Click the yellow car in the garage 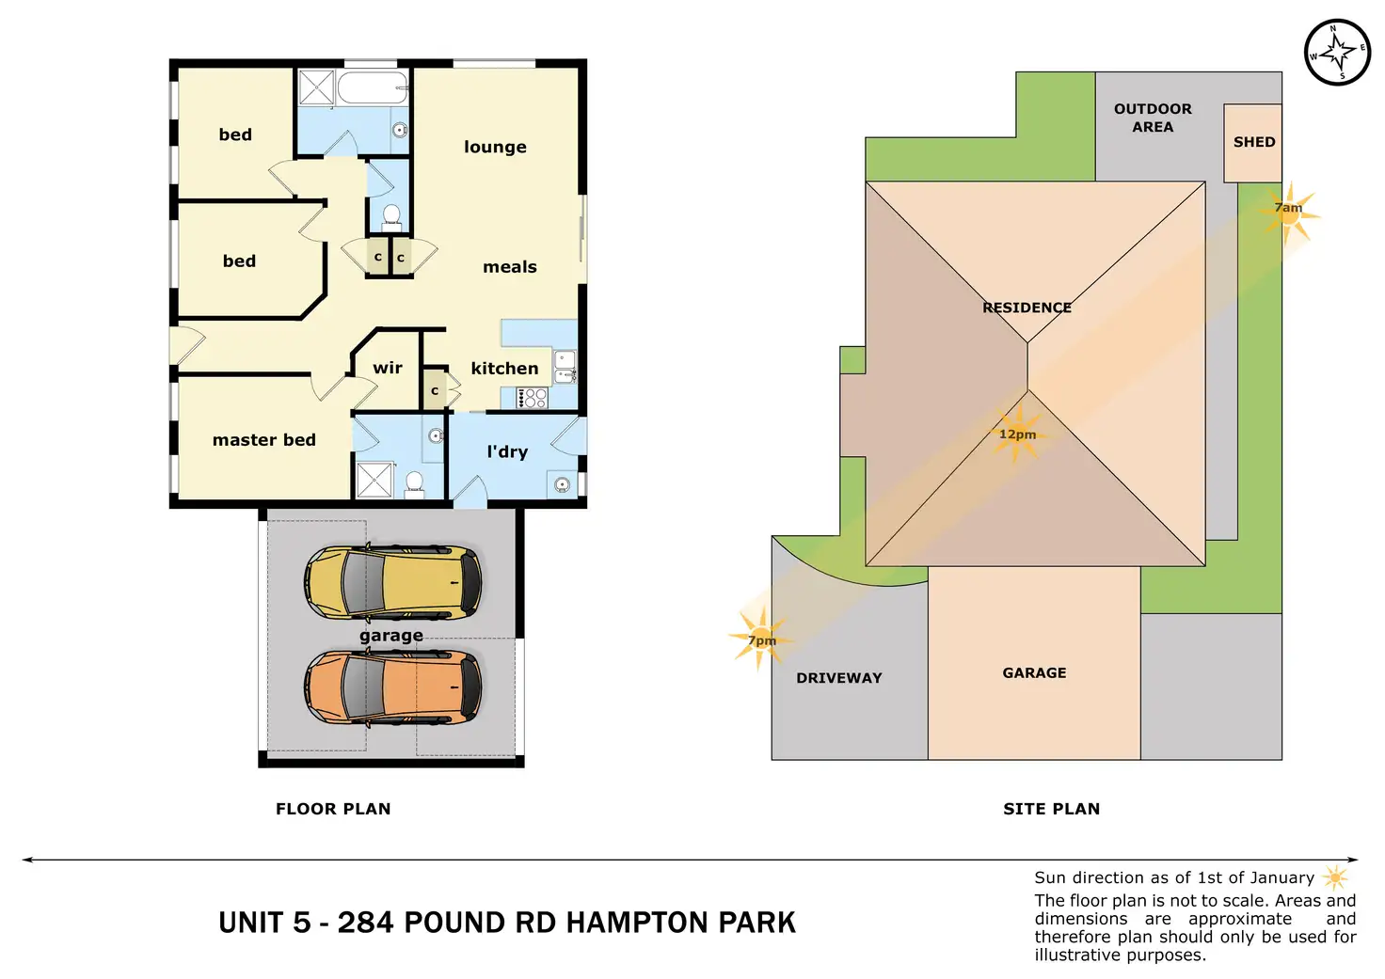(392, 582)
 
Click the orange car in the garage (392, 687)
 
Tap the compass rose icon (1337, 52)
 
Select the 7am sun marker (1289, 213)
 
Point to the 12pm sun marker (1017, 434)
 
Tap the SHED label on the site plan (1254, 142)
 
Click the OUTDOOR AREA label (1153, 118)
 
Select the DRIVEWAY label (838, 678)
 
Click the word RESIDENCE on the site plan (1027, 308)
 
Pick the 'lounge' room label (495, 147)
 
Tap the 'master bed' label (263, 440)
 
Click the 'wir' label (388, 368)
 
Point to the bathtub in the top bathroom (373, 87)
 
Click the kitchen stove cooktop (532, 398)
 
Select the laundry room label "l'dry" (507, 452)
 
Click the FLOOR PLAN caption (333, 809)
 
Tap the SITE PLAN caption (1051, 809)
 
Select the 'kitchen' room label (504, 369)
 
